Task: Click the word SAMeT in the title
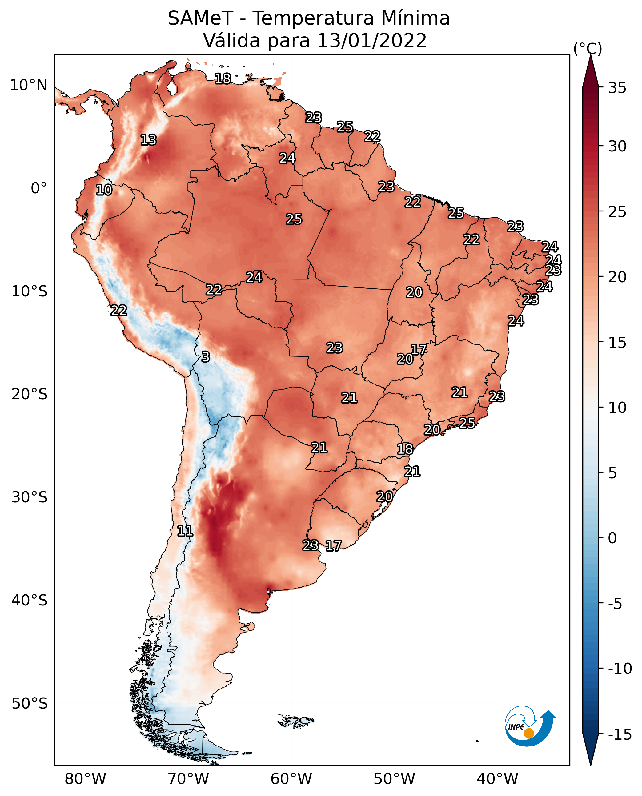(200, 18)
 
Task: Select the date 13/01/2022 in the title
(372, 41)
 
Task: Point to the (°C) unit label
(588, 48)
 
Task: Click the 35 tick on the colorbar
(617, 88)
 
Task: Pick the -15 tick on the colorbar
(620, 735)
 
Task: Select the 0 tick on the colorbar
(612, 538)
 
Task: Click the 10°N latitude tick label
(29, 86)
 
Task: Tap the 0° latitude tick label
(39, 188)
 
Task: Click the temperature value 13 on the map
(149, 140)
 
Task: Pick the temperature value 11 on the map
(185, 531)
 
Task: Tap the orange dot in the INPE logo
(529, 733)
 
